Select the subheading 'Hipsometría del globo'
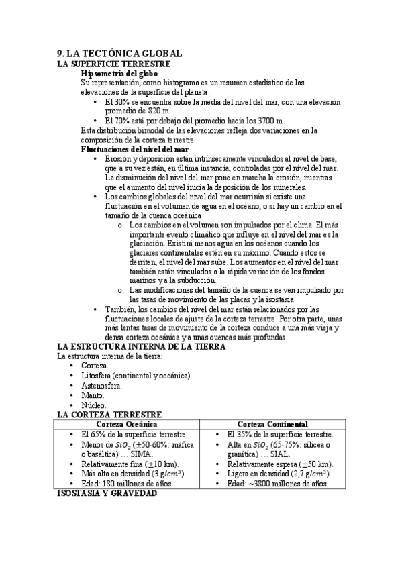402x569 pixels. [119, 72]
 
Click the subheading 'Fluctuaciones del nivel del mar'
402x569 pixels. [134, 149]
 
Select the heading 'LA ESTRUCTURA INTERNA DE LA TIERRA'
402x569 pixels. [141, 346]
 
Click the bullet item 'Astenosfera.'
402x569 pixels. [101, 386]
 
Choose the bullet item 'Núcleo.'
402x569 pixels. [94, 405]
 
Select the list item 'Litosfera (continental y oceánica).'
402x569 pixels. [136, 376]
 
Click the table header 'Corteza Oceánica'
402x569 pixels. [128, 425]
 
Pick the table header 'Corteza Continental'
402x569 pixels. [273, 425]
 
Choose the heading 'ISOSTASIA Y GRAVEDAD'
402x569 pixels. [107, 493]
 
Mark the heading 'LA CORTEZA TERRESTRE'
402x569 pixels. [109, 415]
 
